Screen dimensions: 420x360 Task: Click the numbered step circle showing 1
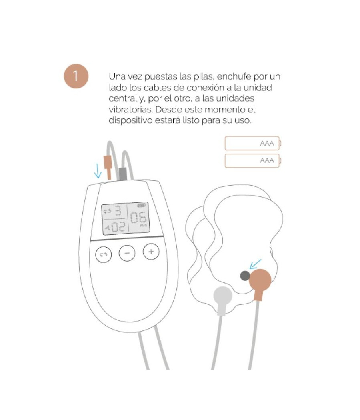[75, 76]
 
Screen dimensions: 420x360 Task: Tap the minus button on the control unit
[127, 253]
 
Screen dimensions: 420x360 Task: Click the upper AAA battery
[252, 144]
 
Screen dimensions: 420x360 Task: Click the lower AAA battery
[252, 161]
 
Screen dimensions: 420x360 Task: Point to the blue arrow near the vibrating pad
[255, 264]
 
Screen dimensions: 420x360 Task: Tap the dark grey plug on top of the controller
[123, 173]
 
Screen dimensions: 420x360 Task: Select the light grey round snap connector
[223, 297]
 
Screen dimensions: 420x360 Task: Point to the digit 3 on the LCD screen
[118, 211]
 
